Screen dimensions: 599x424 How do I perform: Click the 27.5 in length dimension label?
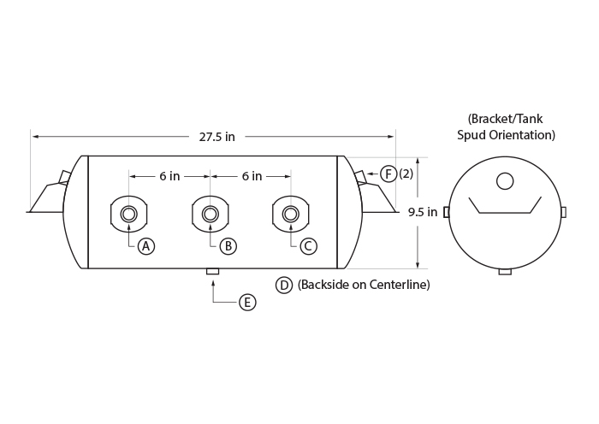click(x=216, y=137)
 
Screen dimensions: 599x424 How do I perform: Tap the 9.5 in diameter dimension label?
click(x=423, y=212)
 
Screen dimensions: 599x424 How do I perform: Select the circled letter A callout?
click(x=146, y=246)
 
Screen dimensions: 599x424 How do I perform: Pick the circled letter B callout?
click(x=228, y=246)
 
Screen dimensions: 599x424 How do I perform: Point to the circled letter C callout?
click(x=308, y=246)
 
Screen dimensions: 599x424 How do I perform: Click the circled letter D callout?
click(x=284, y=285)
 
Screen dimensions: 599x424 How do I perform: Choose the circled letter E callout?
click(x=247, y=303)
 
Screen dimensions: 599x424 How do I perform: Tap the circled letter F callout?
click(x=388, y=174)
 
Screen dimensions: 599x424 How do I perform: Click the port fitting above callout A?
click(x=129, y=214)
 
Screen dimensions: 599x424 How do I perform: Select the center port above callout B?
click(x=211, y=214)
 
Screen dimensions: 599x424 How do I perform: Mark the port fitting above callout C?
click(x=291, y=214)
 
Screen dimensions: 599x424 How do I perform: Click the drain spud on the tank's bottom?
click(x=213, y=271)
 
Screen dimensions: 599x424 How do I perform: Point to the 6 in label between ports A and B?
click(x=169, y=176)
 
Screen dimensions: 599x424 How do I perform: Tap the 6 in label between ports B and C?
click(x=252, y=176)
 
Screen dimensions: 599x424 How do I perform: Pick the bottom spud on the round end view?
click(x=505, y=272)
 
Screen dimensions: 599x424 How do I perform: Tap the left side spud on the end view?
click(x=446, y=212)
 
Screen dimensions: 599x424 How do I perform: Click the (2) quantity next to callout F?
click(x=406, y=174)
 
